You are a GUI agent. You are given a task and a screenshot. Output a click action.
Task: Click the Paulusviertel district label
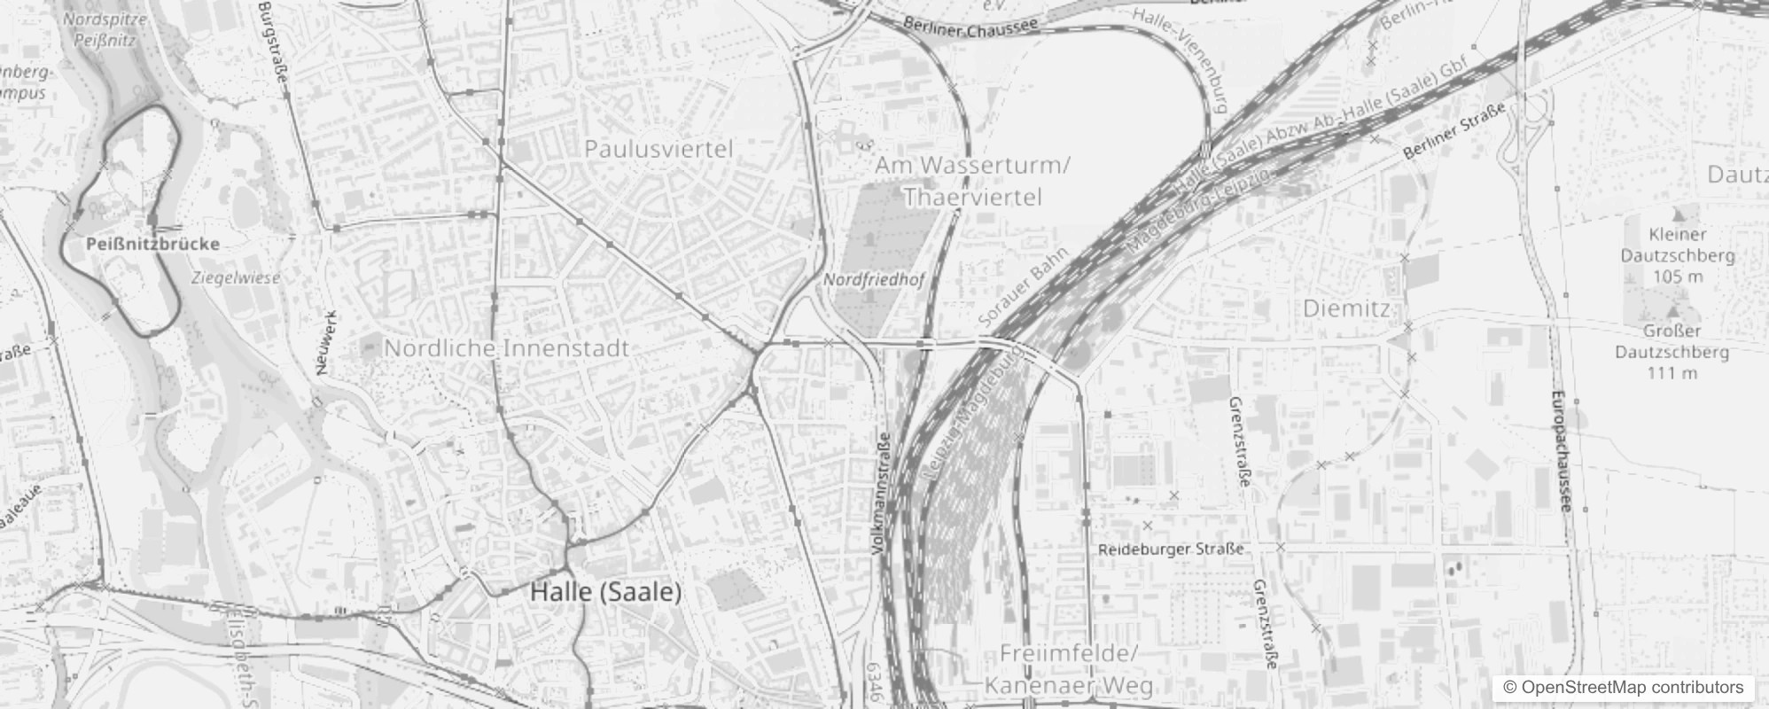pyautogui.click(x=659, y=149)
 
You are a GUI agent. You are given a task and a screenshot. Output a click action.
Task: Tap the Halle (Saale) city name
pyautogui.click(x=606, y=592)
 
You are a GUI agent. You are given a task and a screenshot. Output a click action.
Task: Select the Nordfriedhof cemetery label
pyautogui.click(x=874, y=280)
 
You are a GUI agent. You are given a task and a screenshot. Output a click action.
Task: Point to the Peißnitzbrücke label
pyautogui.click(x=153, y=244)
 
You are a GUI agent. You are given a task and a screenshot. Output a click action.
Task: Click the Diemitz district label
pyautogui.click(x=1346, y=308)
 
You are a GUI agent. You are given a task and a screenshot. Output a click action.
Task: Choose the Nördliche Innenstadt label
pyautogui.click(x=506, y=348)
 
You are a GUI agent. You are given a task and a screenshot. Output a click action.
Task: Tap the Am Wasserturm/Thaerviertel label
pyautogui.click(x=972, y=181)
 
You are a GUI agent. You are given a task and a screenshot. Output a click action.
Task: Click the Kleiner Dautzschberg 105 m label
pyautogui.click(x=1677, y=255)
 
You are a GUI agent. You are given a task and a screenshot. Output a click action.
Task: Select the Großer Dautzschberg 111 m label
pyautogui.click(x=1672, y=351)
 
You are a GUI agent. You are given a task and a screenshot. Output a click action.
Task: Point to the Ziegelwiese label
pyautogui.click(x=236, y=277)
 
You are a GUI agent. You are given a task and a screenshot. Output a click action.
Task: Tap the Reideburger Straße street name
pyautogui.click(x=1170, y=549)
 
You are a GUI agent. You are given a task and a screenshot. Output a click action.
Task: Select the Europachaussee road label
pyautogui.click(x=1561, y=452)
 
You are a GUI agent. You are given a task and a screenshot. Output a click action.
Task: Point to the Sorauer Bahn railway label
pyautogui.click(x=1025, y=285)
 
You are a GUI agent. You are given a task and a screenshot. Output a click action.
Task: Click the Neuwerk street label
pyautogui.click(x=326, y=342)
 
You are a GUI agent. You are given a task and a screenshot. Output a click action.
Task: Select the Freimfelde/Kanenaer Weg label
pyautogui.click(x=1068, y=670)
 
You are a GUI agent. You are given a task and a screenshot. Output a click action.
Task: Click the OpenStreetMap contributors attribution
pyautogui.click(x=1623, y=688)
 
